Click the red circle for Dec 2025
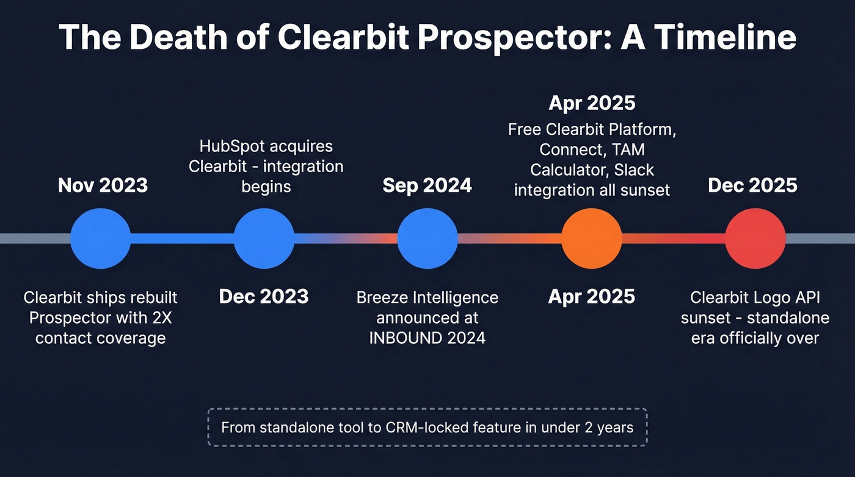click(755, 238)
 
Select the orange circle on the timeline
click(591, 238)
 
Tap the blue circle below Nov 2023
click(100, 238)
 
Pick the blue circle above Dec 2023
click(264, 238)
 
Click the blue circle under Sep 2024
click(428, 238)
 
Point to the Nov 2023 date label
click(103, 185)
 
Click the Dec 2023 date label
click(264, 297)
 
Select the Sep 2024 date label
click(428, 185)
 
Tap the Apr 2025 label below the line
click(591, 297)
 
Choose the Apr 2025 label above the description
click(591, 103)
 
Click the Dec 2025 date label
click(752, 185)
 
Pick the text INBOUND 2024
click(428, 338)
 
